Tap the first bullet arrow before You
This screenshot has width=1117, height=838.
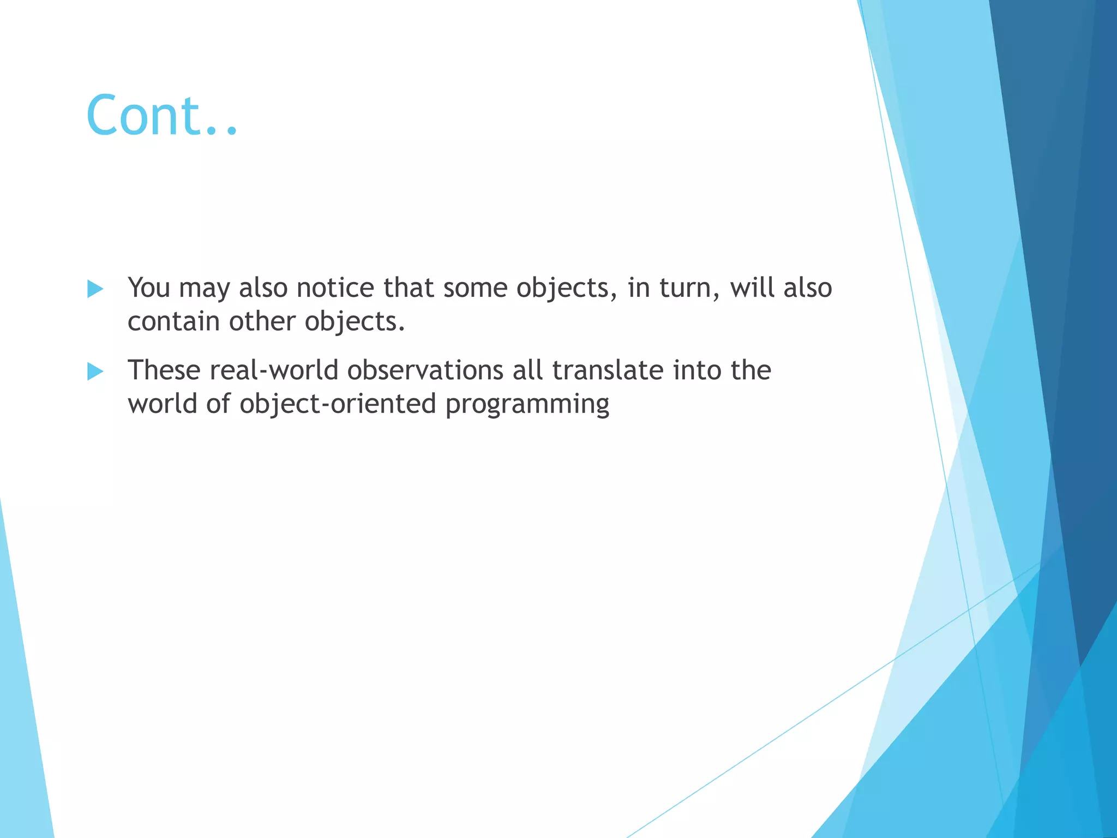pos(95,289)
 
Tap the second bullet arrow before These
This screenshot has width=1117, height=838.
pos(95,372)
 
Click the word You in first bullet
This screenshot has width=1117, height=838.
pos(149,288)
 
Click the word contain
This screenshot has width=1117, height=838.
pos(173,321)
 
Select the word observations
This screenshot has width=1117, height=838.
pos(425,370)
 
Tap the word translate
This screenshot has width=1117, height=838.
pos(608,370)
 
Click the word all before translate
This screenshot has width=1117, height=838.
pos(527,370)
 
